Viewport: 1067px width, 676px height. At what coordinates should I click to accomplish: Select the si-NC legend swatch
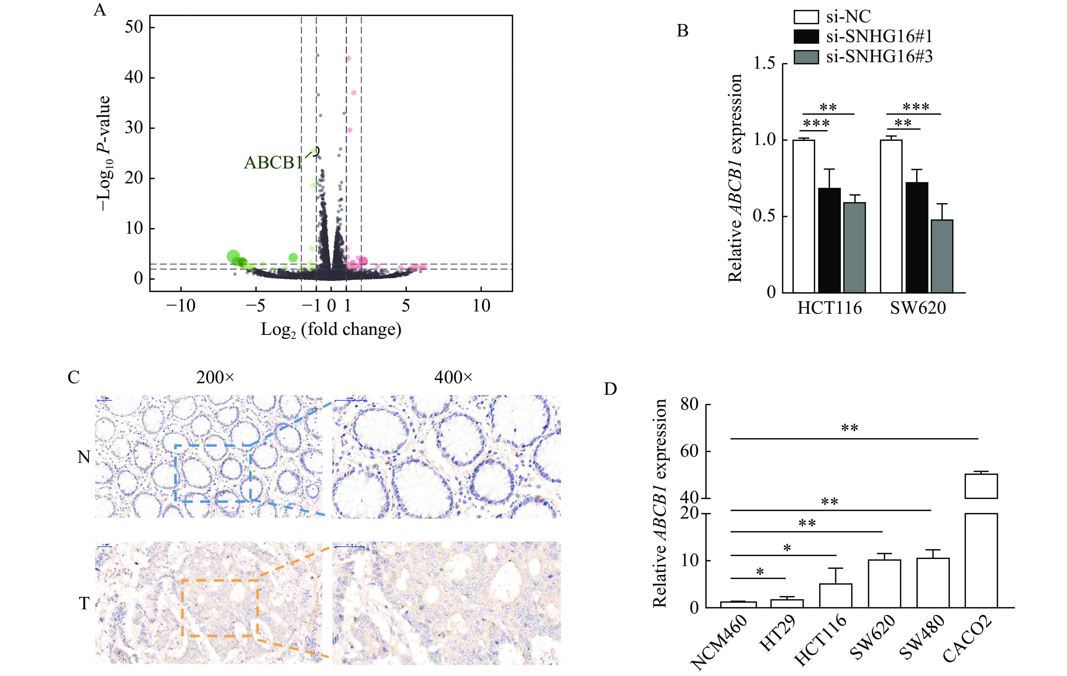pyautogui.click(x=806, y=17)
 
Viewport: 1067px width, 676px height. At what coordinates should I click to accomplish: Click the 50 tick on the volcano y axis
pyautogui.click(x=134, y=27)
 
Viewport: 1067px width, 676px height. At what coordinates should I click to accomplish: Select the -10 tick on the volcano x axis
pyautogui.click(x=181, y=306)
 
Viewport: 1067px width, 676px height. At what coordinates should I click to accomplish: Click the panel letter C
pyautogui.click(x=74, y=378)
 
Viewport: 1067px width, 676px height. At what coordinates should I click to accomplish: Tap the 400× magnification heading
pyautogui.click(x=453, y=378)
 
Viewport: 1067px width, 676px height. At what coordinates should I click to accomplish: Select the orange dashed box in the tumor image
pyautogui.click(x=220, y=608)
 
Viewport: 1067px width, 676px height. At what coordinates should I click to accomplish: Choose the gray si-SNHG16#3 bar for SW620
pyautogui.click(x=942, y=256)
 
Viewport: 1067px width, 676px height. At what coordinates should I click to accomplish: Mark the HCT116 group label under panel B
pyautogui.click(x=830, y=308)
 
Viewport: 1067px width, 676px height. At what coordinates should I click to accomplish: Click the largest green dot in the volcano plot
pyautogui.click(x=233, y=256)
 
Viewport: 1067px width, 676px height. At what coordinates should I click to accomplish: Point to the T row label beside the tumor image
pyautogui.click(x=84, y=604)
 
